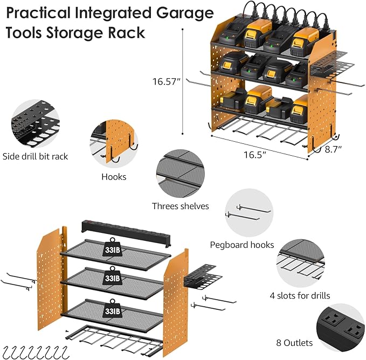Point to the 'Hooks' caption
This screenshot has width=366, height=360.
[114, 176]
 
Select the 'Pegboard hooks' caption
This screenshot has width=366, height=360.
[241, 245]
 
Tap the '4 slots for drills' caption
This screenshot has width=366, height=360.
[300, 295]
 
